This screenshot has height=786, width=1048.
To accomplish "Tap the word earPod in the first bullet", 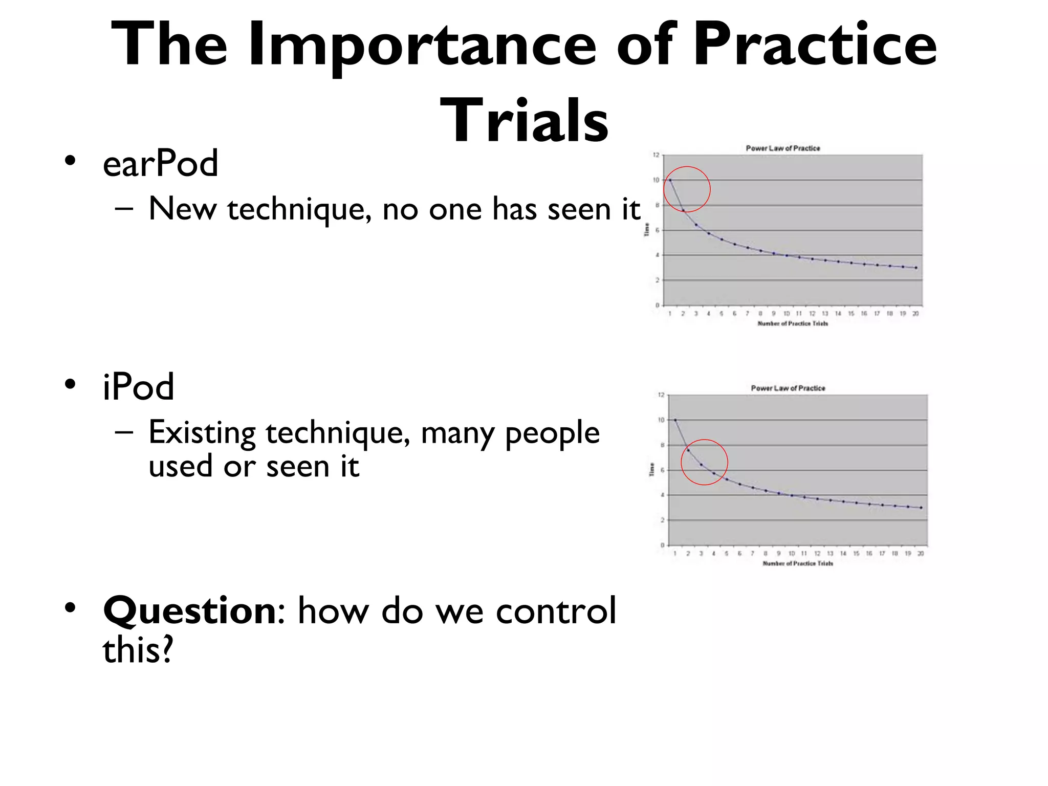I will tap(160, 164).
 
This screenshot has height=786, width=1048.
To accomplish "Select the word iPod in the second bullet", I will tap(138, 387).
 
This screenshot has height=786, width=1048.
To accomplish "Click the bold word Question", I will tap(189, 611).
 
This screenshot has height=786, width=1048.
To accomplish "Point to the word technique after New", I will tap(299, 210).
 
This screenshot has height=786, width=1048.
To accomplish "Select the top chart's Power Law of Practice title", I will tap(782, 148).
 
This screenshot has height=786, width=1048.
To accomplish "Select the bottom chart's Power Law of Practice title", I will tap(788, 388).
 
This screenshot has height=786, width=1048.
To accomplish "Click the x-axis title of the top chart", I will tap(792, 323).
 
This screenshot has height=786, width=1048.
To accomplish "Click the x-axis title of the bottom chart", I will tap(797, 563).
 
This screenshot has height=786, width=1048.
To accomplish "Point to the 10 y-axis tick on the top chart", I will tap(656, 180).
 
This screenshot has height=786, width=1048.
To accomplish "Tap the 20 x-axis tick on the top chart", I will tap(915, 314).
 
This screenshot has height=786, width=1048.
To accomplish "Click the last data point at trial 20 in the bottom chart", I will tap(921, 508).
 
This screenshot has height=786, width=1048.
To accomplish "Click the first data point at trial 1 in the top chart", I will tap(670, 180).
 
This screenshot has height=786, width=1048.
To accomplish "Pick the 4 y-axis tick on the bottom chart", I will tap(663, 495).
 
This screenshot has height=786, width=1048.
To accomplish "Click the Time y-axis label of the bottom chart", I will tap(652, 469).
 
